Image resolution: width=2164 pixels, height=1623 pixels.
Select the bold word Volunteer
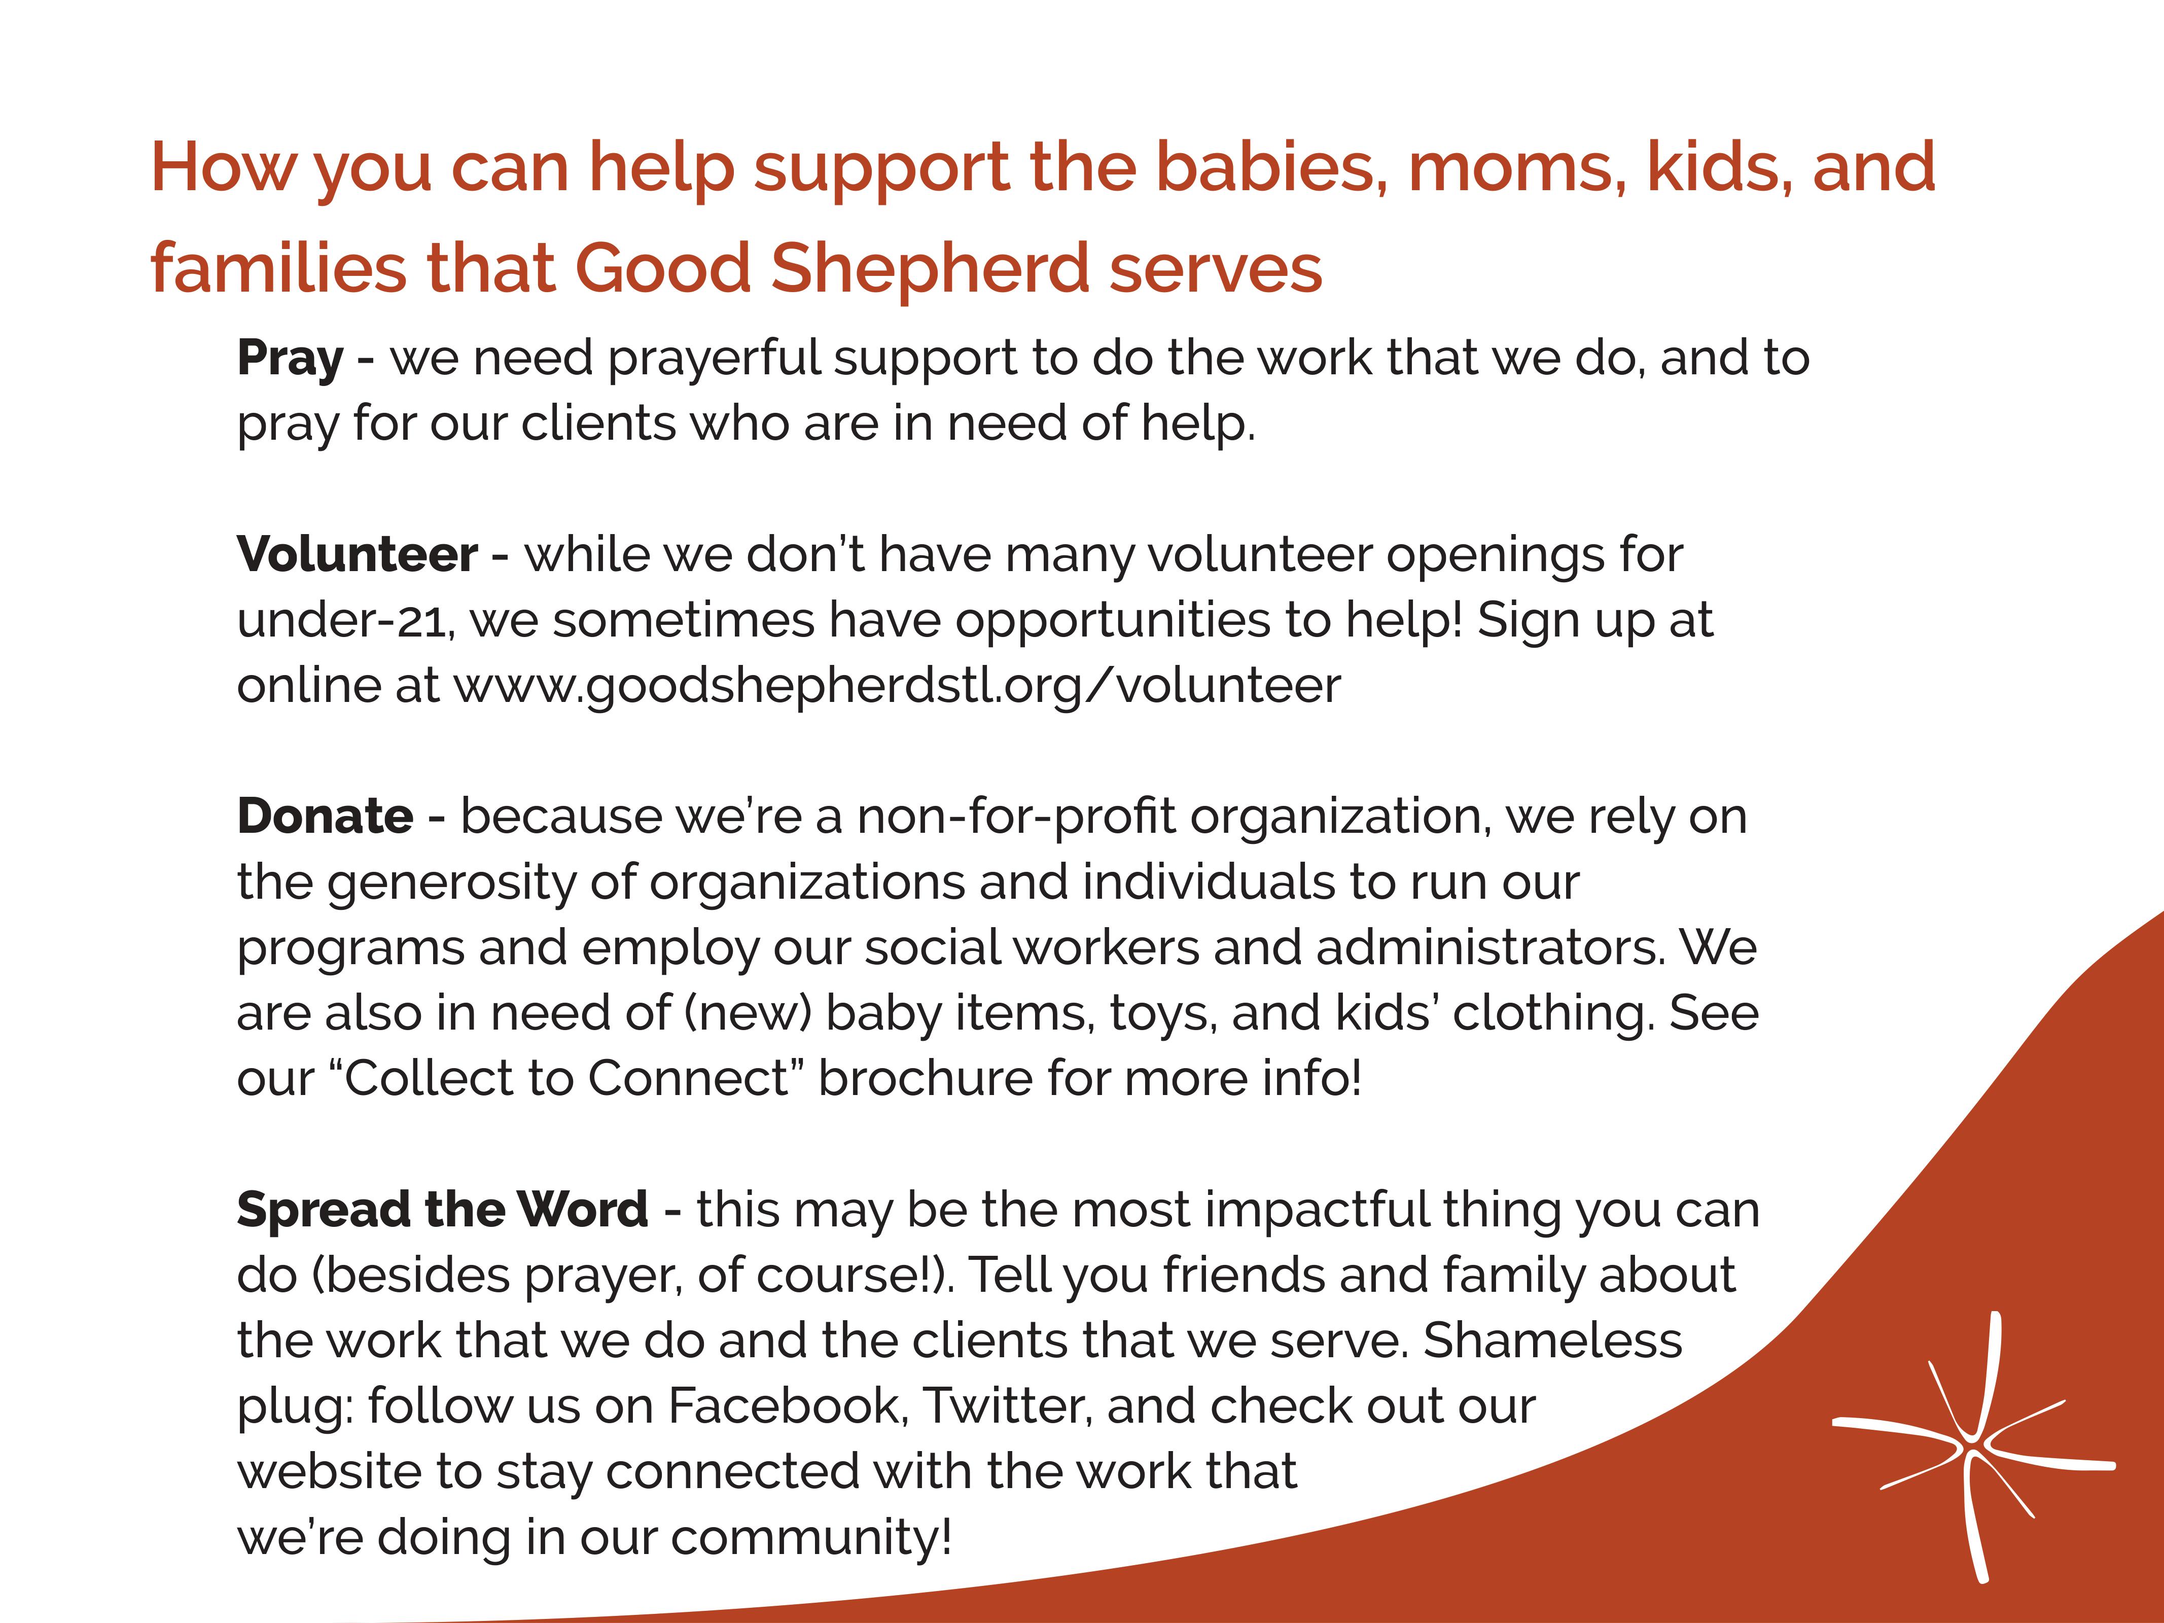(357, 555)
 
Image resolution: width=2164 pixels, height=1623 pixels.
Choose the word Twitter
(1008, 1406)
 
